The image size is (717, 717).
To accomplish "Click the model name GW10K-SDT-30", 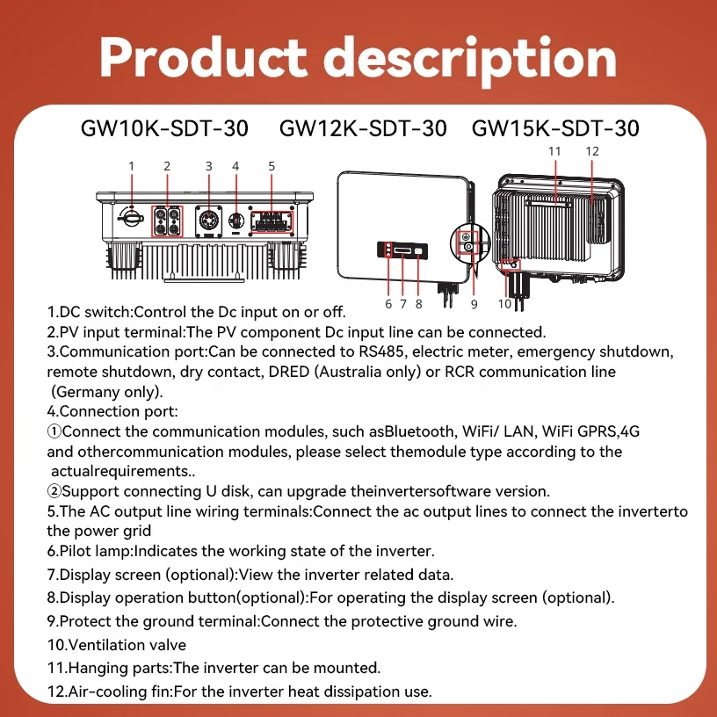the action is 164,128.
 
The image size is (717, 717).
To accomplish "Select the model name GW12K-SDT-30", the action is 363,128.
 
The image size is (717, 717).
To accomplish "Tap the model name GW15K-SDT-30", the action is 555,128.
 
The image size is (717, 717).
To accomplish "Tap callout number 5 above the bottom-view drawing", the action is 272,165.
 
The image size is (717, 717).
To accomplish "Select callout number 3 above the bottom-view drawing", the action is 208,165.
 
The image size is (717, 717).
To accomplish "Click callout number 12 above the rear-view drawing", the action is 592,151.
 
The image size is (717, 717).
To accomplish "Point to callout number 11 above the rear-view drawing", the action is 554,151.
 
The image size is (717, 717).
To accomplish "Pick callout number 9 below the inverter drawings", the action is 474,304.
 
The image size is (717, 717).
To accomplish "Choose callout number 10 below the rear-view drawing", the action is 504,304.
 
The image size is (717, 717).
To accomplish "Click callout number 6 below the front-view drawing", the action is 388,304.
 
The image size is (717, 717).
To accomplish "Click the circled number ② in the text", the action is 54,492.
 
